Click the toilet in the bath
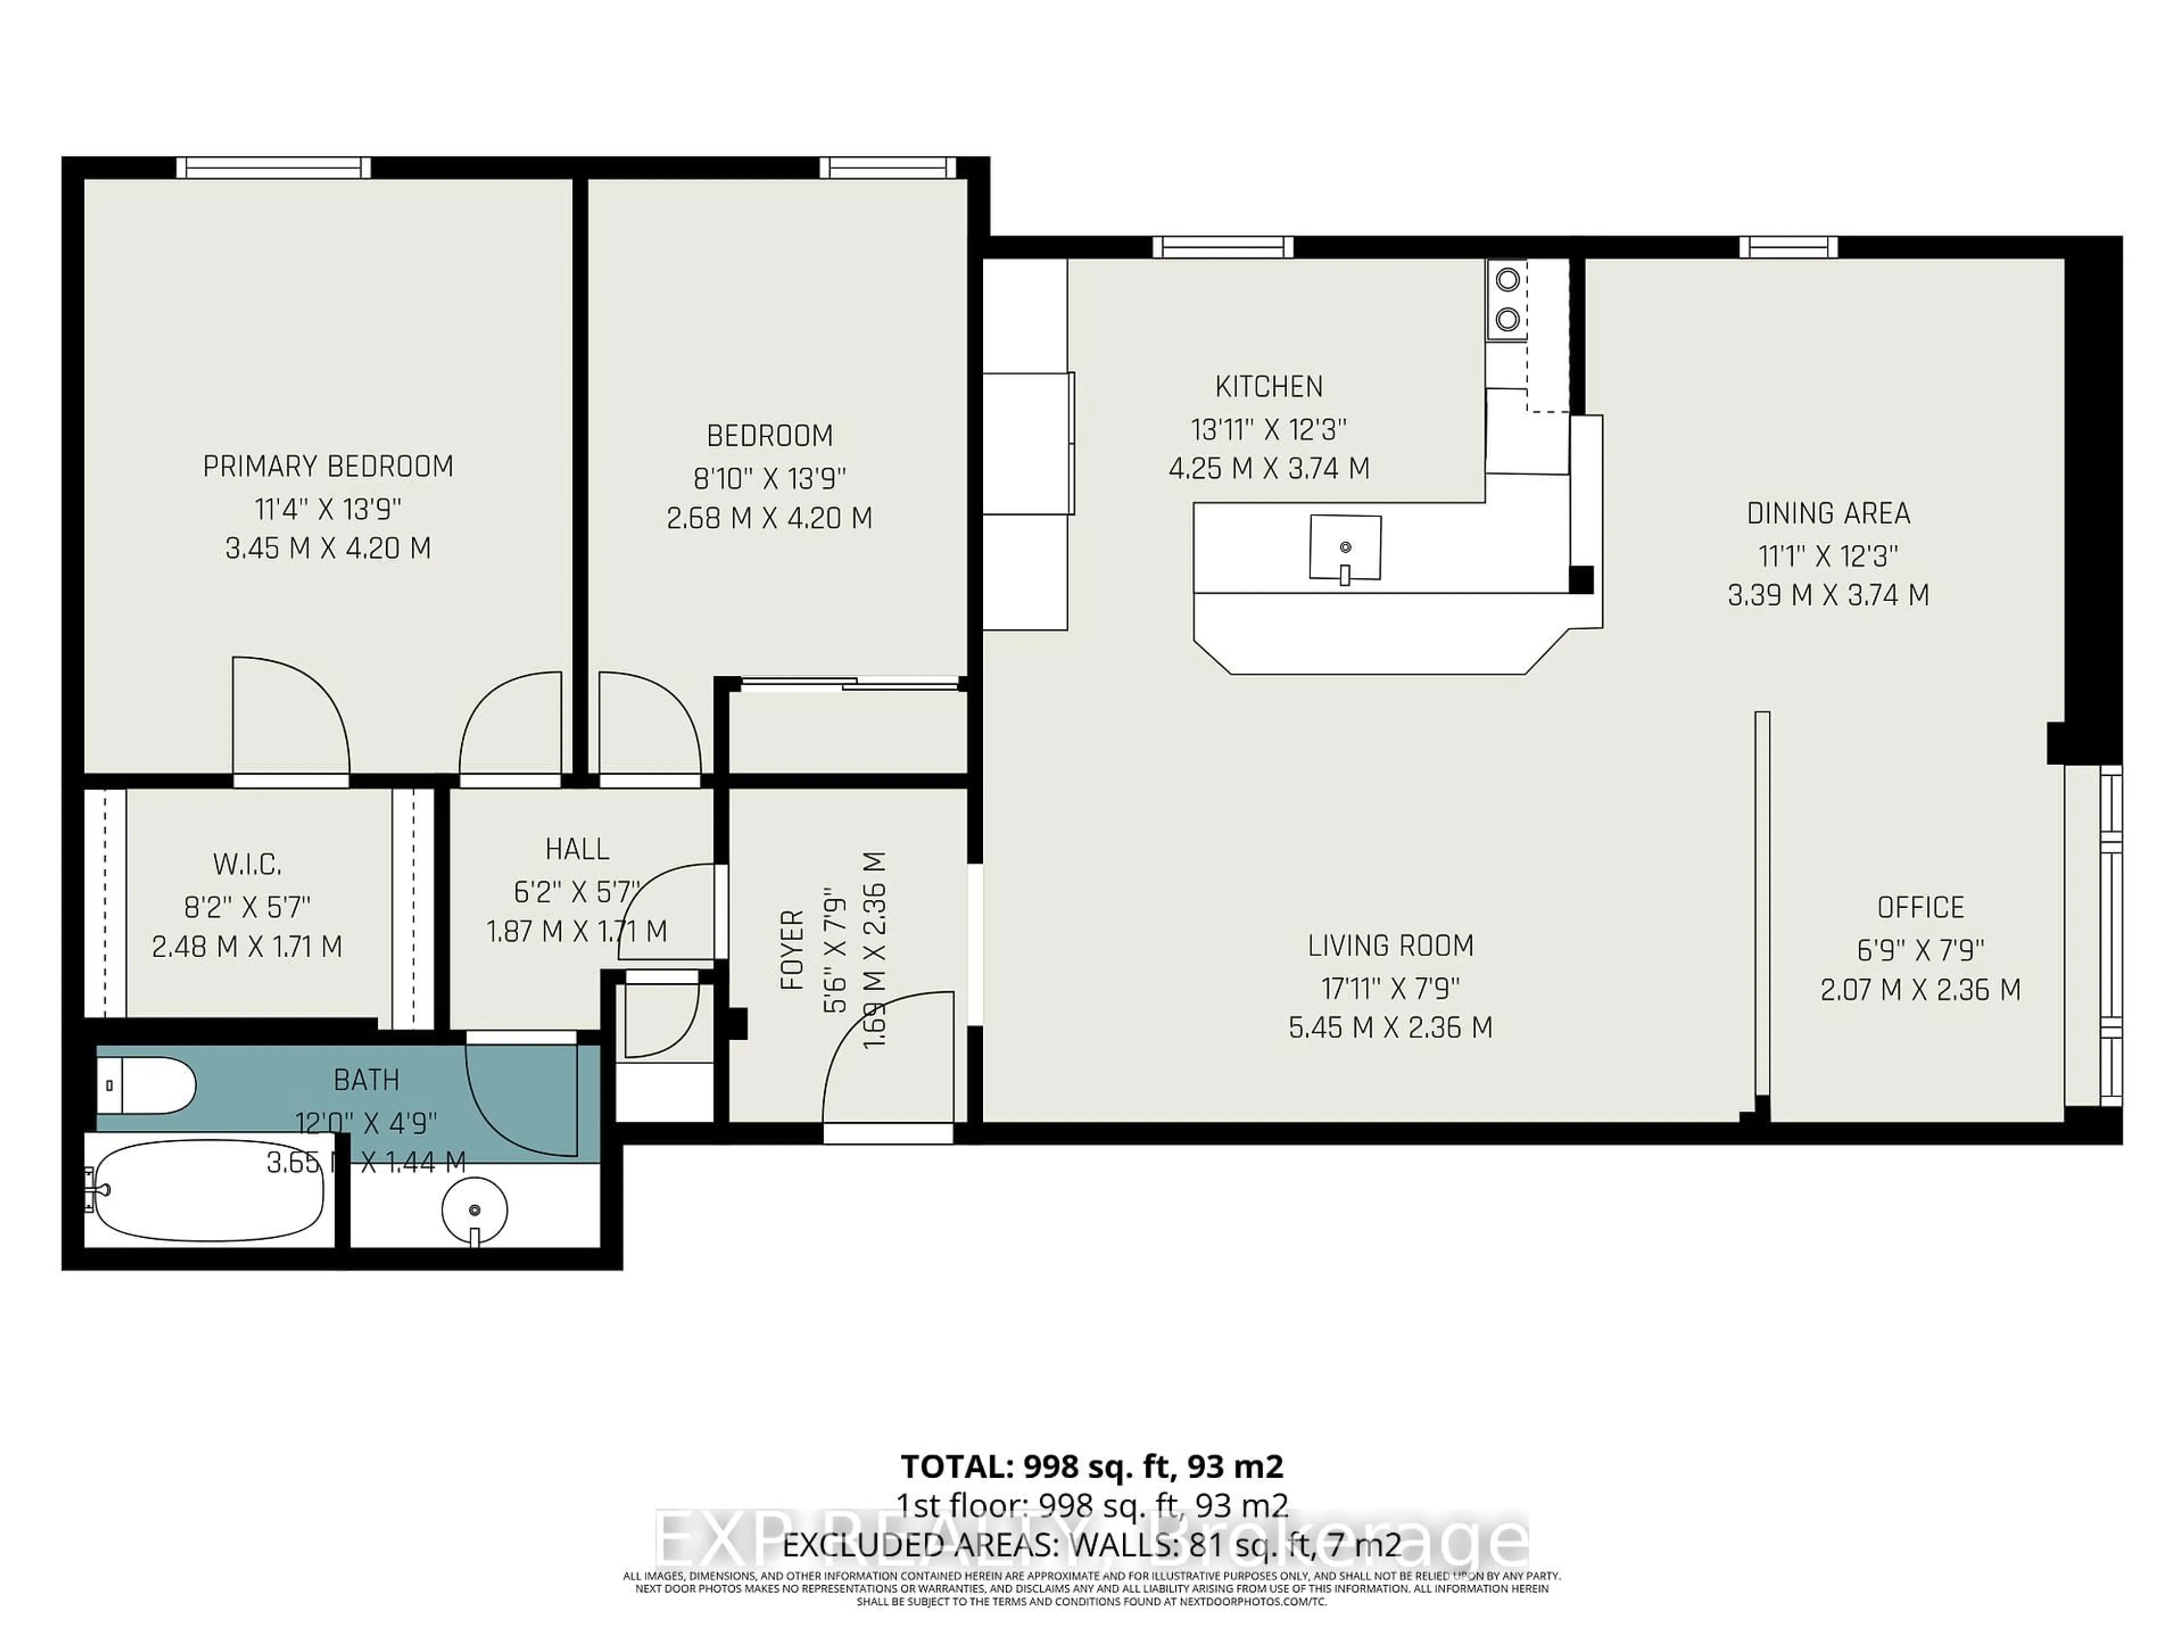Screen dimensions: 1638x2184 (148, 1086)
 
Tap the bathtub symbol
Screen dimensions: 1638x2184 (208, 1190)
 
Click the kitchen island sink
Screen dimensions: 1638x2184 (1345, 547)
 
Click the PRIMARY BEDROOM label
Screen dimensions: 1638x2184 (328, 466)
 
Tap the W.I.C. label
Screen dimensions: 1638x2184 (247, 865)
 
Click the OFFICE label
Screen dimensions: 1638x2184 (1920, 907)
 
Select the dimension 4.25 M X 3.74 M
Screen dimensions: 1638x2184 (1269, 468)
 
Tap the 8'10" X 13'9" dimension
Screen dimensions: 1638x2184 (769, 479)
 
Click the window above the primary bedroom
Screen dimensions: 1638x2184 (274, 168)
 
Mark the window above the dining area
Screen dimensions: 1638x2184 (1788, 247)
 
